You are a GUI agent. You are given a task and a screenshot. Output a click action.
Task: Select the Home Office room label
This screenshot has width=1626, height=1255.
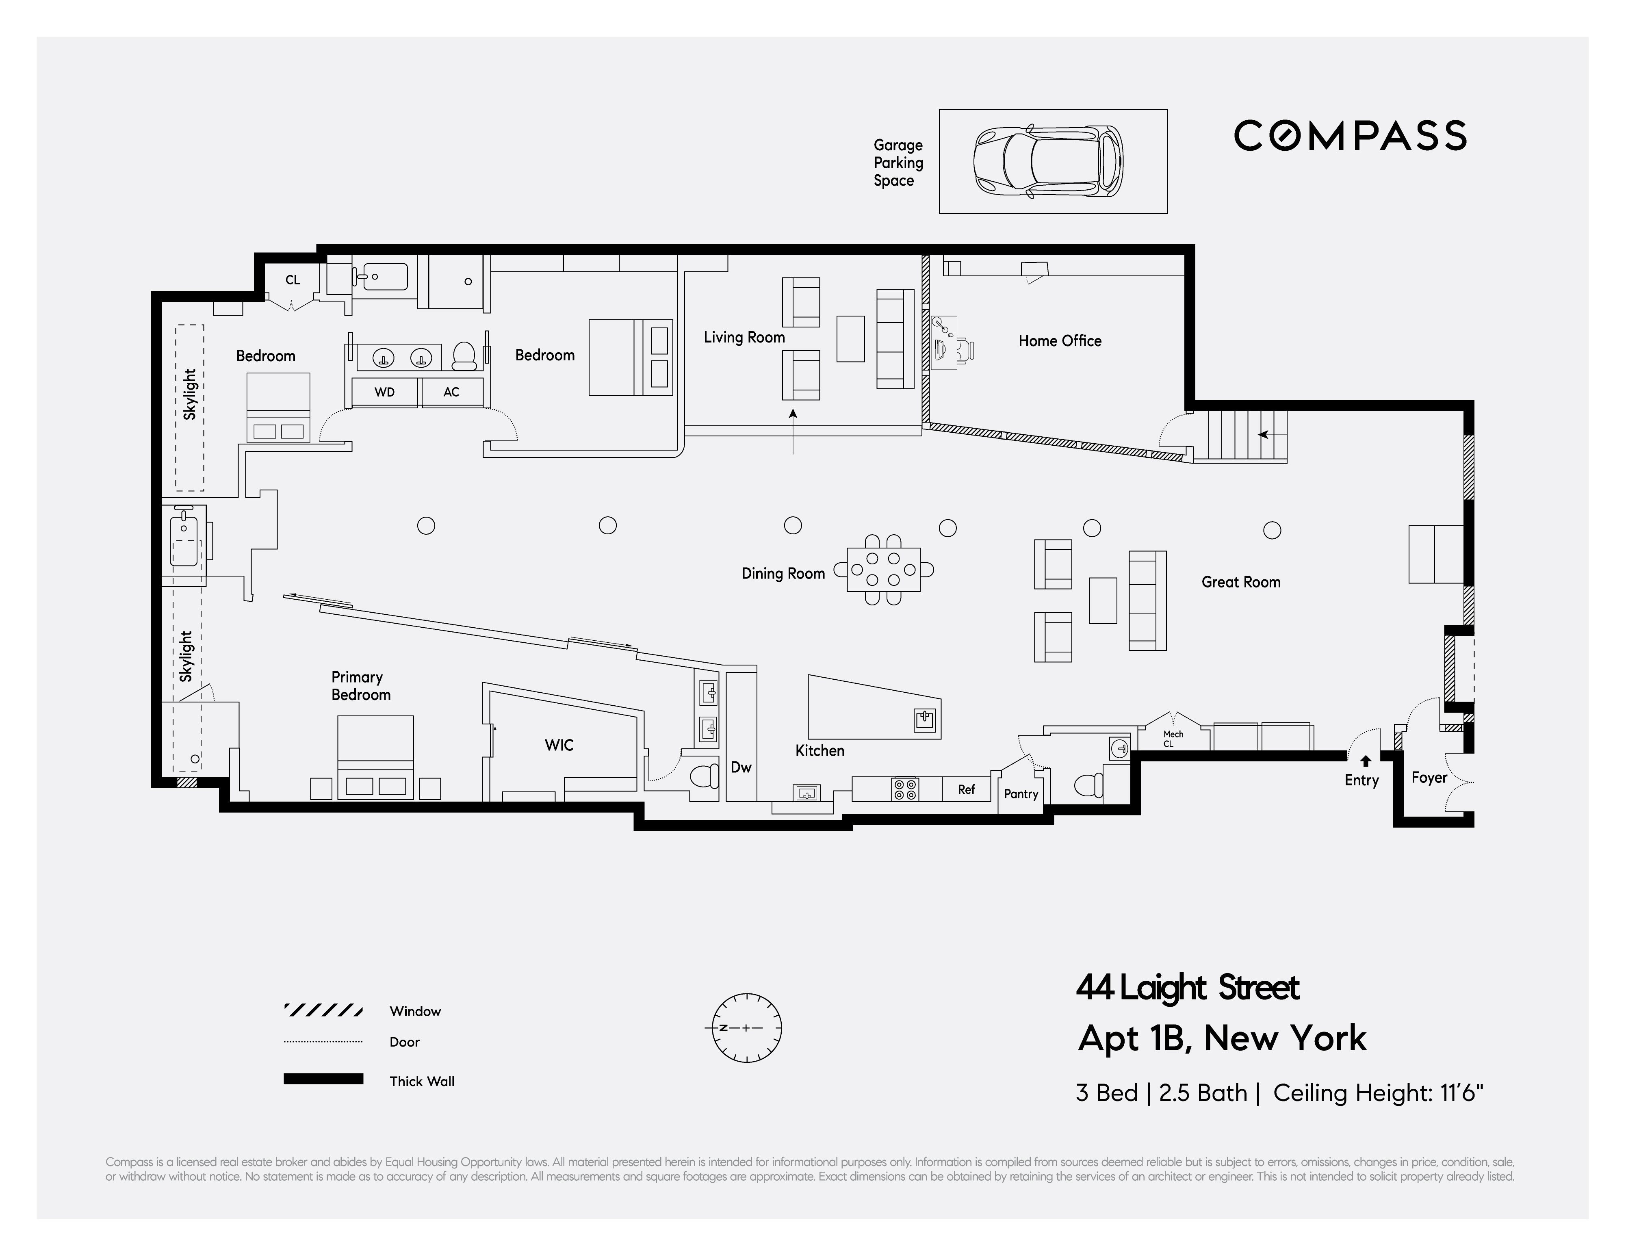point(1060,341)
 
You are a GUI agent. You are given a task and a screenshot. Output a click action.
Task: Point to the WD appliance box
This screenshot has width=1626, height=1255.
point(384,392)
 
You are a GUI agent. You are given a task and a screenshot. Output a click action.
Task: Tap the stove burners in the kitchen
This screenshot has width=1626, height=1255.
point(904,789)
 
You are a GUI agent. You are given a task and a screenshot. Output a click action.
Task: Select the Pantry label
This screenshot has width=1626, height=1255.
point(1021,793)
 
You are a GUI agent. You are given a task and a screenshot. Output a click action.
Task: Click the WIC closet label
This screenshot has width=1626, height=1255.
point(559,745)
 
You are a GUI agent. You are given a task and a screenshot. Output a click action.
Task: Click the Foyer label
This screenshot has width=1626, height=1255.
point(1429,777)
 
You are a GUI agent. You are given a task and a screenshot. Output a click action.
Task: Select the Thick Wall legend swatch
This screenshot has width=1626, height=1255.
point(323,1079)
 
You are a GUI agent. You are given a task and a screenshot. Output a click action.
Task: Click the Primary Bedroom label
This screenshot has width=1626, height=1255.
point(360,685)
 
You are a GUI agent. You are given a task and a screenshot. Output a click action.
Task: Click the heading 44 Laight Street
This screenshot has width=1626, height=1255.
point(1188,988)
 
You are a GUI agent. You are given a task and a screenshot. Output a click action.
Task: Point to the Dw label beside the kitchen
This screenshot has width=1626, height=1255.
point(741,767)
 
